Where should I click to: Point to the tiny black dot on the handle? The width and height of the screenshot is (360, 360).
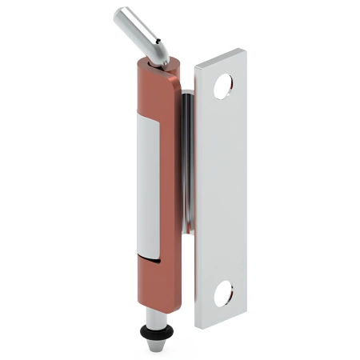tap(157, 38)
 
